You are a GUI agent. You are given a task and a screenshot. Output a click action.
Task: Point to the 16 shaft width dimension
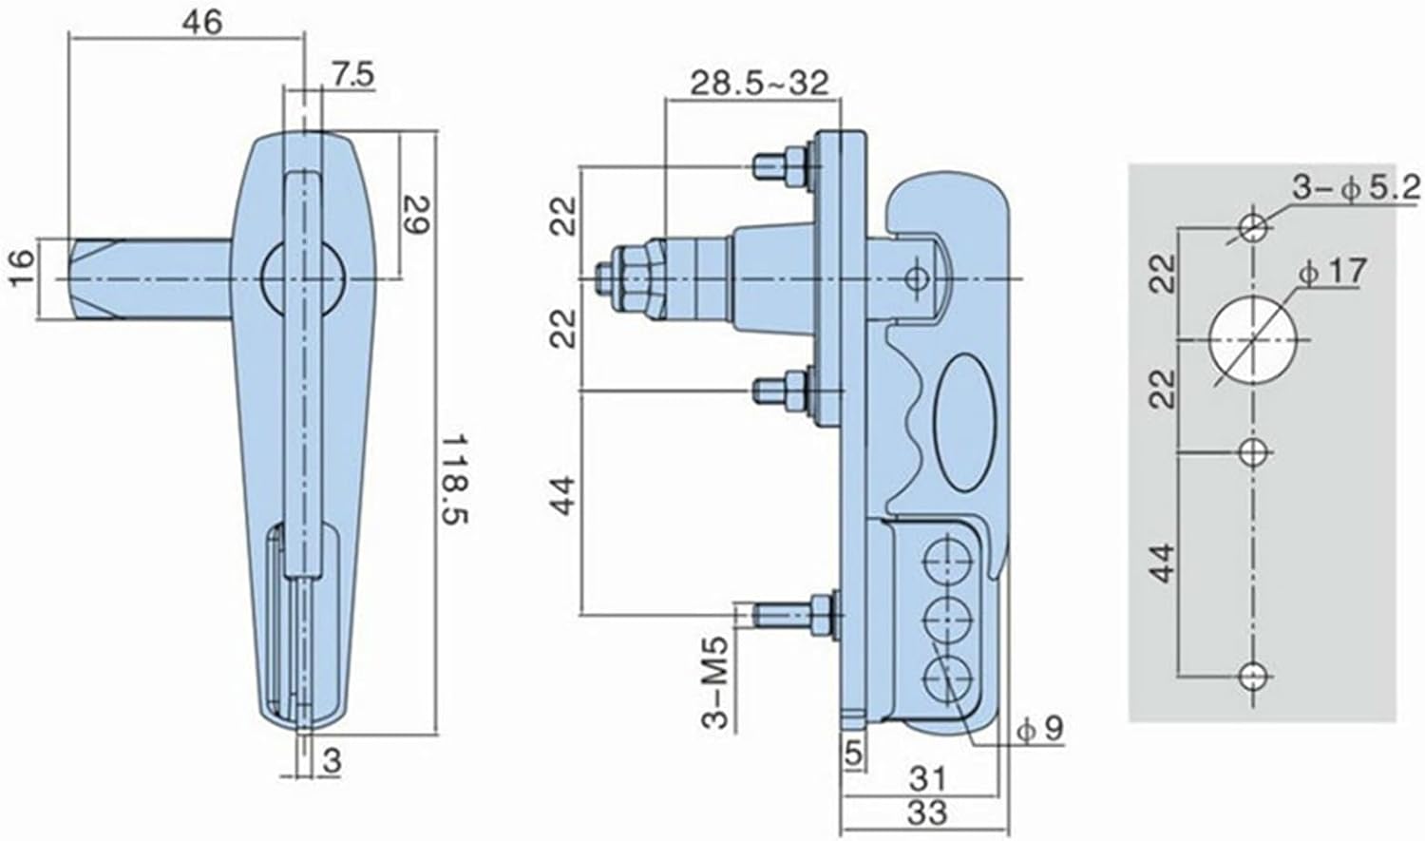pyautogui.click(x=22, y=268)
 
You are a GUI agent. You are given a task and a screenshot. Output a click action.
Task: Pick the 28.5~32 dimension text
pyautogui.click(x=760, y=84)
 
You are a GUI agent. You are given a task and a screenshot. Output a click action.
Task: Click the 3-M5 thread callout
pyautogui.click(x=714, y=682)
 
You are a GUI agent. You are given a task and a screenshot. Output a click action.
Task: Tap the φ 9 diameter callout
pyautogui.click(x=1039, y=729)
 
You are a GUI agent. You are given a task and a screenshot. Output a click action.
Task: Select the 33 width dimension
pyautogui.click(x=927, y=812)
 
